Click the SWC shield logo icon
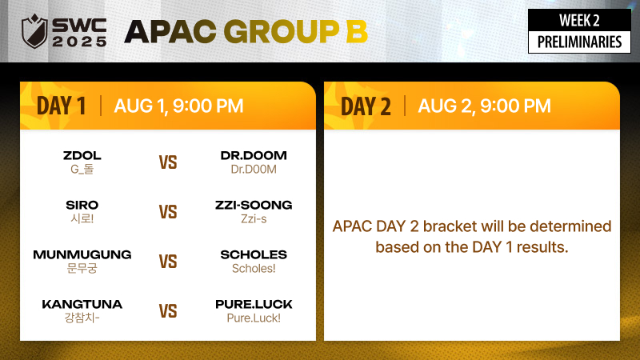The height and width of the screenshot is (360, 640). [34, 31]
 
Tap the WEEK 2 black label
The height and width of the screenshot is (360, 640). [579, 21]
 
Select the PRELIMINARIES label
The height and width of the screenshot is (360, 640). [579, 42]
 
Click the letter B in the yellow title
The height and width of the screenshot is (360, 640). [356, 31]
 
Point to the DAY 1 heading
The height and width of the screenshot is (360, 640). [62, 106]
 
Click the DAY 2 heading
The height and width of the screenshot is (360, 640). [366, 106]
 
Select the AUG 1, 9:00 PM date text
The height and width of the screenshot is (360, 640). [178, 106]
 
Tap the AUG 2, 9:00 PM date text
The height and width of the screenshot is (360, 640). [484, 106]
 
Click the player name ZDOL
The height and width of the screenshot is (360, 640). [82, 155]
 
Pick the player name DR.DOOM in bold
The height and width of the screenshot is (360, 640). [254, 155]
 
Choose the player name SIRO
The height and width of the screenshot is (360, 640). [82, 205]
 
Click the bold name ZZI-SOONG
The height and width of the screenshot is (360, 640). [254, 205]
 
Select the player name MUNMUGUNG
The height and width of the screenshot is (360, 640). [82, 254]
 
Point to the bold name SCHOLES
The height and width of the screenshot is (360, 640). [254, 254]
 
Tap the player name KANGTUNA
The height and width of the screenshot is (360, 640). [82, 304]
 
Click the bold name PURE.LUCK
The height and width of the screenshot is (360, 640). [254, 304]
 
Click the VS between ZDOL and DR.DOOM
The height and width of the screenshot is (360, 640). [168, 162]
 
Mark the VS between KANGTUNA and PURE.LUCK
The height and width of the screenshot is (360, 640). [168, 311]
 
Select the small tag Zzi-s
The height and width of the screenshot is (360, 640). [254, 218]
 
